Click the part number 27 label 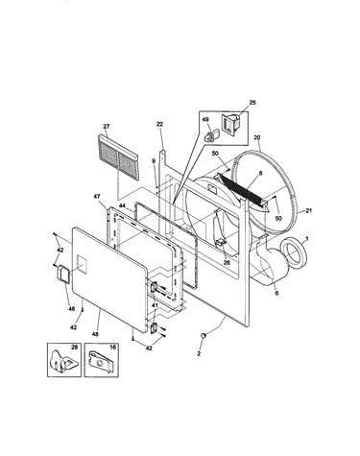(107, 127)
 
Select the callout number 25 (252, 103)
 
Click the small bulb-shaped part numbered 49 (210, 135)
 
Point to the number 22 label (159, 125)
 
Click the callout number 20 (257, 137)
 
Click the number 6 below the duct (276, 293)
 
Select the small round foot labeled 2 (204, 335)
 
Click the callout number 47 (97, 197)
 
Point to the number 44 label (122, 205)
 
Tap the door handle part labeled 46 (63, 274)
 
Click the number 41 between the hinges (155, 305)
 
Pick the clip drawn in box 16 (100, 362)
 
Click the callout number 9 (154, 161)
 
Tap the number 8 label (261, 173)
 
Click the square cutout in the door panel (82, 264)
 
